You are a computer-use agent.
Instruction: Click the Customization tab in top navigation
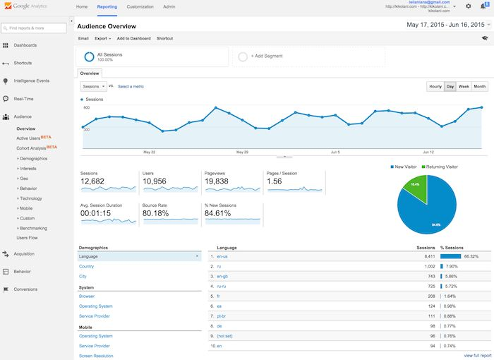coord(140,6)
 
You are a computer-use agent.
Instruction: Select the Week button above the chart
coord(464,86)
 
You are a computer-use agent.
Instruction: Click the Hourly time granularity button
coord(435,86)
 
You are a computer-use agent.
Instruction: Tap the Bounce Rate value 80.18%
coord(155,212)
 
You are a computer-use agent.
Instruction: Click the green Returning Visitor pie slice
coord(414,186)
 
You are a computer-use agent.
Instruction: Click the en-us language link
coord(222,256)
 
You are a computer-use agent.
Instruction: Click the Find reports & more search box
coord(37,28)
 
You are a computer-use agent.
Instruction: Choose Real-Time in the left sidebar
coord(24,99)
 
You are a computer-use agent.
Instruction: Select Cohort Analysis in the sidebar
coord(31,148)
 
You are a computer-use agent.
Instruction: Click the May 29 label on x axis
coord(242,152)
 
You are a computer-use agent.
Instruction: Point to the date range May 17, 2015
coord(427,25)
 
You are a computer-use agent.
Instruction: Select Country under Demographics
coord(86,266)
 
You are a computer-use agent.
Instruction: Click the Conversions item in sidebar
coord(25,289)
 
